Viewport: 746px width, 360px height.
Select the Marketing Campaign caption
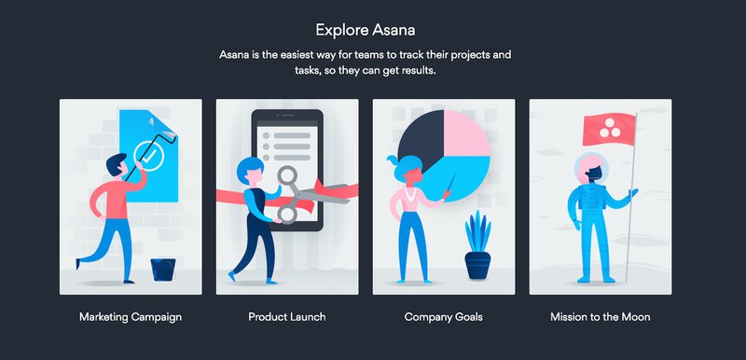pos(130,317)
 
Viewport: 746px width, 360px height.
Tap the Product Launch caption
pos(286,317)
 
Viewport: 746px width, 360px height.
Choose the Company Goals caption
pos(443,317)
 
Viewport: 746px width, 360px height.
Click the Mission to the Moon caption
pos(600,317)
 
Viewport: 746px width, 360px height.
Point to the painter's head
pos(115,168)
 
